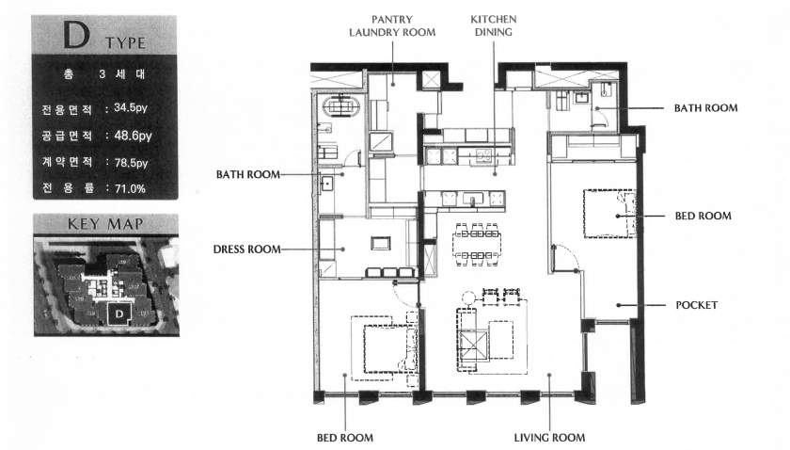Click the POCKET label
[696, 305]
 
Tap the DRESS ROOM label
[246, 249]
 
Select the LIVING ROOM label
[549, 438]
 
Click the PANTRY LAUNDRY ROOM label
[392, 25]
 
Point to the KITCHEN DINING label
[493, 25]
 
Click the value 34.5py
[131, 107]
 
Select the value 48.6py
[133, 136]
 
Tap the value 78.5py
[131, 163]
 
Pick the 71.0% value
[130, 188]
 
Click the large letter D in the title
[76, 35]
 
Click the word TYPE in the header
[125, 43]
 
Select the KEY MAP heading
[105, 223]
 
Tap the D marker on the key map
[119, 313]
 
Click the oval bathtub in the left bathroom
[341, 107]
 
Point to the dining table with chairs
[476, 245]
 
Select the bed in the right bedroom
[610, 214]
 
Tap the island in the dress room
[380, 243]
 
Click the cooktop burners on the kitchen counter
[483, 155]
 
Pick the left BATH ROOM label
[248, 174]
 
